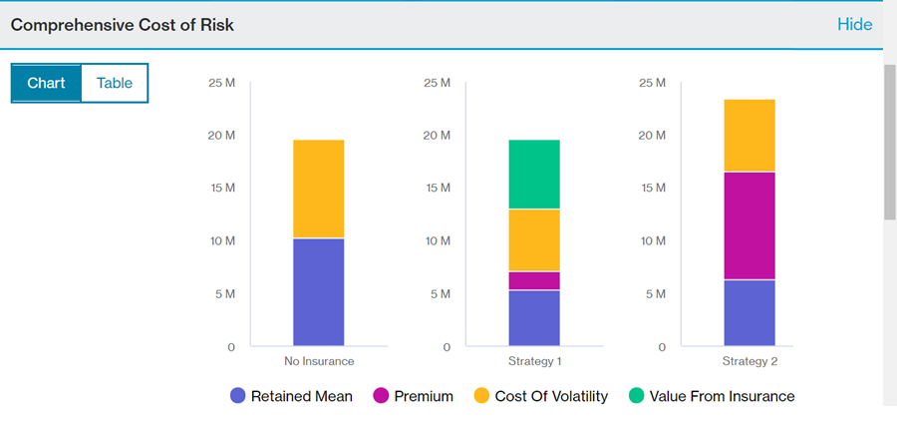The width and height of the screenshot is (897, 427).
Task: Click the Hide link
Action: (x=854, y=24)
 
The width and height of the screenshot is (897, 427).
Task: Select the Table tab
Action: (x=114, y=83)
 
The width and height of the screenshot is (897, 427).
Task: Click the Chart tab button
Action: (x=46, y=83)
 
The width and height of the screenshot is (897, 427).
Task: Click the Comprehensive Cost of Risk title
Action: (x=123, y=24)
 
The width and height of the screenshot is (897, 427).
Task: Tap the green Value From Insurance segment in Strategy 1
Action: (x=534, y=175)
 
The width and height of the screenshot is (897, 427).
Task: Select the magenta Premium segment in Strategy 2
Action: (x=749, y=225)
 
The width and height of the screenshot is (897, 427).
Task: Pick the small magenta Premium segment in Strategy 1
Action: (x=534, y=280)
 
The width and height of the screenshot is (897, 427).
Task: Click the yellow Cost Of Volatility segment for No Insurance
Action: (x=319, y=189)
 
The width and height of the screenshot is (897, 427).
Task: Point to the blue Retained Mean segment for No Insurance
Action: (x=319, y=291)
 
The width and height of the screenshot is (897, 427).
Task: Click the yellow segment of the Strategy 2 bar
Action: (x=749, y=136)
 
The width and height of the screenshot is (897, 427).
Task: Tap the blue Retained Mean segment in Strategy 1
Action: (x=534, y=317)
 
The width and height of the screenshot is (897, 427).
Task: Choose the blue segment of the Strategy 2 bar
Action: (x=749, y=312)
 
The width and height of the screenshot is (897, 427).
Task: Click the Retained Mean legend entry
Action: (x=291, y=396)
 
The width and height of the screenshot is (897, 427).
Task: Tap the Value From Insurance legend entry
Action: (x=712, y=396)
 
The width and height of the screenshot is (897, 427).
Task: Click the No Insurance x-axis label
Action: (x=319, y=361)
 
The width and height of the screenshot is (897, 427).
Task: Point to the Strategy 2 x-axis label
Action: (x=749, y=361)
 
